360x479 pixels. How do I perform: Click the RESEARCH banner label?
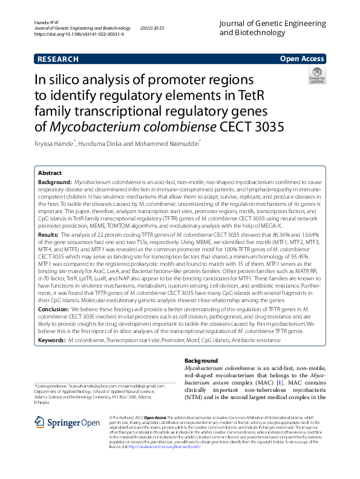[x=58, y=59]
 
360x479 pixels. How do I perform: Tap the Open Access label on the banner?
[x=302, y=59]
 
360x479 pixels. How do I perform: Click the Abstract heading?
[x=50, y=173]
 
